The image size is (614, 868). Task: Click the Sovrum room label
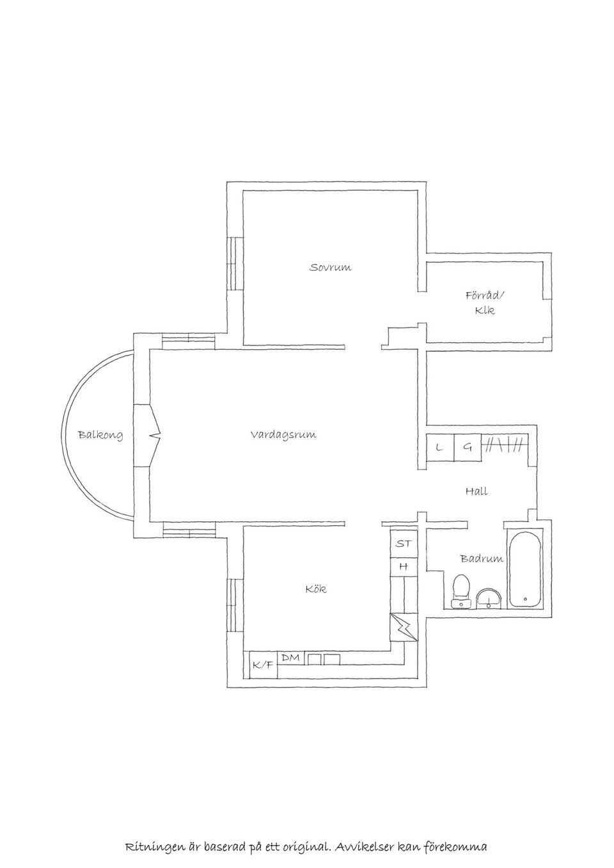330,267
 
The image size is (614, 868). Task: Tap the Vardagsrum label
283,434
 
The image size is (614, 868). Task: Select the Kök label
316,589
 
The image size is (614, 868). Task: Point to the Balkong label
100,435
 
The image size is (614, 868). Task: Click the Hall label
476,491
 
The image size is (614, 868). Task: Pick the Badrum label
482,558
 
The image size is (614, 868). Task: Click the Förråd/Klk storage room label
485,303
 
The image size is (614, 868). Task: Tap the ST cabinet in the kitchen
404,543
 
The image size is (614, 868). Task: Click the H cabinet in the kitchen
404,567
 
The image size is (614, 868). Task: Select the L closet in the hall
439,448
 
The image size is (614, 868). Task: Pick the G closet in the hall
468,448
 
